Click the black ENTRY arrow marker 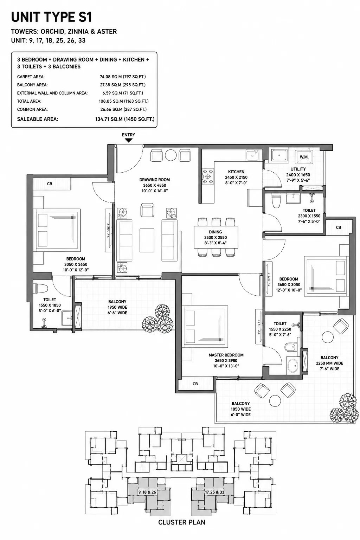(129, 140)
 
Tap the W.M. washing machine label (304, 157)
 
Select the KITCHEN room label (236, 172)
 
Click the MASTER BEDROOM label (226, 355)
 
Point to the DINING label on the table (215, 232)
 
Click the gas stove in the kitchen (208, 176)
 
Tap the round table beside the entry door (171, 155)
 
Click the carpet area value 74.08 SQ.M (111, 77)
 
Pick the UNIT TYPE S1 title (52, 17)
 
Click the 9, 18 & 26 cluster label (147, 492)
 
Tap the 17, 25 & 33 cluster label (214, 492)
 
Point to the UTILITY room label (298, 169)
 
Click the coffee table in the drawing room (147, 240)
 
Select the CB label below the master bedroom (195, 384)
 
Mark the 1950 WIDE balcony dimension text (117, 307)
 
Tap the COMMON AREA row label (32, 109)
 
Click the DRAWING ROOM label (154, 180)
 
